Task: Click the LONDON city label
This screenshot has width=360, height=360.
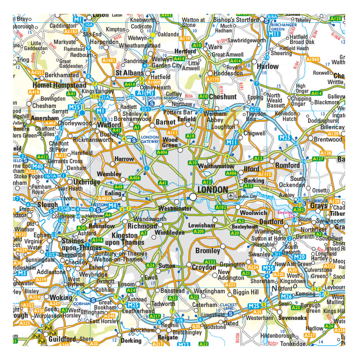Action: (x=212, y=190)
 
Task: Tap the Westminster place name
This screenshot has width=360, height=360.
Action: (x=175, y=208)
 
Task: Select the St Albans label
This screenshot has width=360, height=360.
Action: (x=129, y=73)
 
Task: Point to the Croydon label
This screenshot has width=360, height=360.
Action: (x=204, y=267)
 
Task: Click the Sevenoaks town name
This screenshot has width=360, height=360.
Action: (x=292, y=318)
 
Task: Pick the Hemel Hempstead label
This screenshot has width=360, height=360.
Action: (x=59, y=85)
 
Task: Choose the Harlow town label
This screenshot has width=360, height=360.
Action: (x=267, y=66)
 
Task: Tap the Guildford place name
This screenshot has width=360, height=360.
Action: (x=62, y=339)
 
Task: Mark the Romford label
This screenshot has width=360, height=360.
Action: (x=287, y=165)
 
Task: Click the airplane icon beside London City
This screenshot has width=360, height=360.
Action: (x=230, y=196)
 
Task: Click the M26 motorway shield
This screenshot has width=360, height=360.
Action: (x=287, y=296)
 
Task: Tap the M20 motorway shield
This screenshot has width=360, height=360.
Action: (x=299, y=256)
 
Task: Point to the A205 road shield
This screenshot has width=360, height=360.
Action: (x=199, y=231)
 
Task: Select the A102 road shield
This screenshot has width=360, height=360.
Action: (x=220, y=207)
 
